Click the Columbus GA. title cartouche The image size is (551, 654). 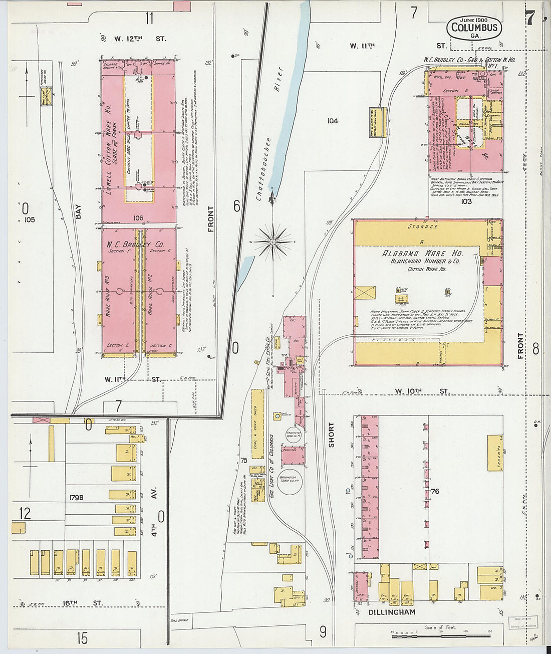pyautogui.click(x=474, y=28)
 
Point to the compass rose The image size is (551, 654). pyautogui.click(x=272, y=242)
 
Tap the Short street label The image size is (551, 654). pyautogui.click(x=331, y=434)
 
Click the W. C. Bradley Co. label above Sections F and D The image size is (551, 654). pyautogui.click(x=134, y=245)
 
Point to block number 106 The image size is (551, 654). pyautogui.click(x=138, y=217)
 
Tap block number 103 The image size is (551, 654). pyautogui.click(x=466, y=201)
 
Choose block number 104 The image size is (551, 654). pyautogui.click(x=332, y=121)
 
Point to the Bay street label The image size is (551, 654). pyautogui.click(x=78, y=211)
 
